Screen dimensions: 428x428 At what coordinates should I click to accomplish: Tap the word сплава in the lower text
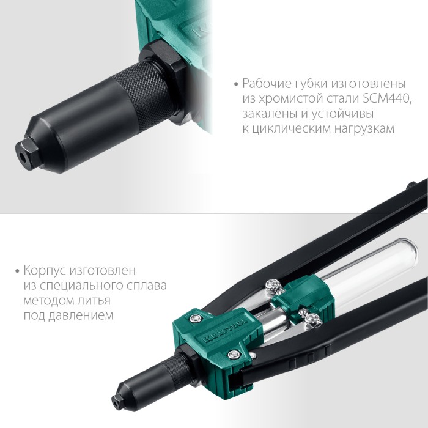click(x=147, y=286)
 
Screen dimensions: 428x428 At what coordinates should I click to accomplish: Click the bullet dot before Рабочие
click(x=236, y=84)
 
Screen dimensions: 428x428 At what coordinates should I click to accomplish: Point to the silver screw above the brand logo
click(x=194, y=317)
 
